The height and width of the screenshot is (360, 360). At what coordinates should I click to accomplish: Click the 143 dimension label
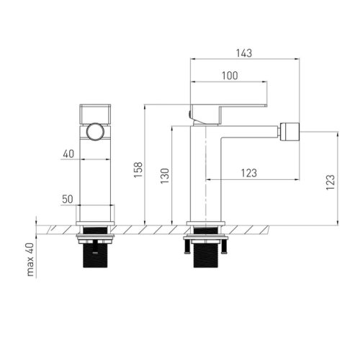244,53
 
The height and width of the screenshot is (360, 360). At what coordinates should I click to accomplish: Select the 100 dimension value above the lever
230,76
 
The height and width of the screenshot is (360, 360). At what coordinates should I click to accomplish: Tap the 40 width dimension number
68,154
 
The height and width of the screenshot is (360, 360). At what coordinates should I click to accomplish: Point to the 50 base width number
68,199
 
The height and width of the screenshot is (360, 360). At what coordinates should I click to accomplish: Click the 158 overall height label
138,170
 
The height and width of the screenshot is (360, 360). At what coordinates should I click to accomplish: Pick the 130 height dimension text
165,176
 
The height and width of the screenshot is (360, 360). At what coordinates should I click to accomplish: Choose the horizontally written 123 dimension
249,173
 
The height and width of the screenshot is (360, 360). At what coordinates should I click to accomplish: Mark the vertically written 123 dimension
330,182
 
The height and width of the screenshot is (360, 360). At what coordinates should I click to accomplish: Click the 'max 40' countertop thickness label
30,260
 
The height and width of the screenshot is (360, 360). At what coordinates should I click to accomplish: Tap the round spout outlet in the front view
95,132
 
